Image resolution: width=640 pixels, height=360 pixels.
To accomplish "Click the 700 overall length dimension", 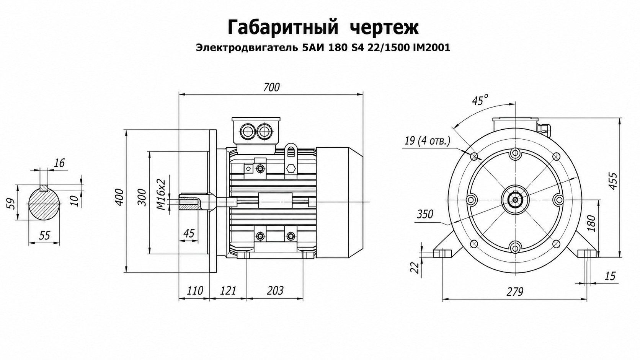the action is [271, 87].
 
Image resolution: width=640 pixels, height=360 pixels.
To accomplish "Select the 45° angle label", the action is [480, 101].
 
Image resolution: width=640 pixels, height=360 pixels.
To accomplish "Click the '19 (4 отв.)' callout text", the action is [427, 141].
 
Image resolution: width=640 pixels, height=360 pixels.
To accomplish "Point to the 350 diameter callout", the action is [425, 214].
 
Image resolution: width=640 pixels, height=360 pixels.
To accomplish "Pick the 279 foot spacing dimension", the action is [515, 292].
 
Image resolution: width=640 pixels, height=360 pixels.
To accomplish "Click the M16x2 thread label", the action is [161, 194].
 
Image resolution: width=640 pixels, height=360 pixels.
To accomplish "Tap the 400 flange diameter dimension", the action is [120, 197].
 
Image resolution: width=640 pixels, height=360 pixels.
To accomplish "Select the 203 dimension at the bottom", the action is [275, 291].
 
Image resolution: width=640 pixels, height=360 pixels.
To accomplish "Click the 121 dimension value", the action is [228, 291].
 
